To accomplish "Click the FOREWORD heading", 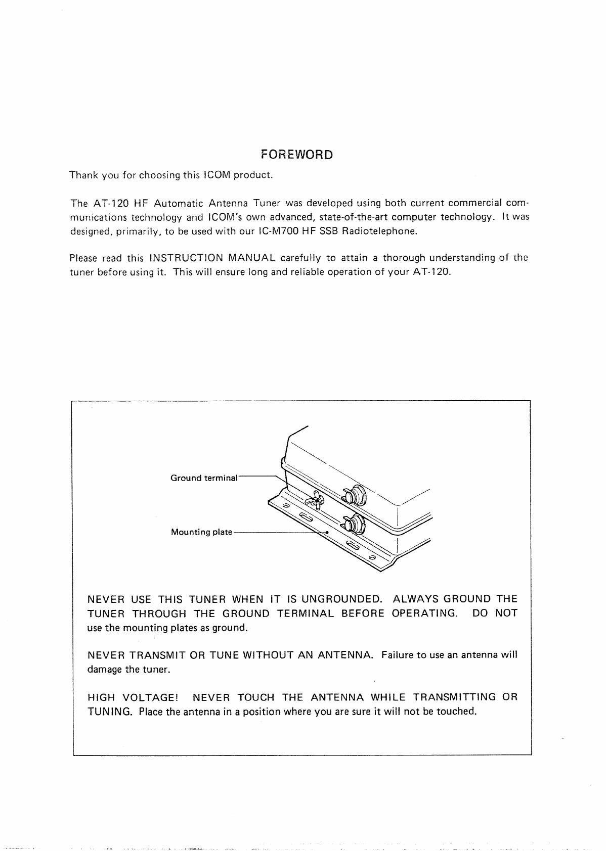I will (x=296, y=155).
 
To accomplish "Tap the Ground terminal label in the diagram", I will (x=204, y=478).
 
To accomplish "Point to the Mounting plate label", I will (x=201, y=532).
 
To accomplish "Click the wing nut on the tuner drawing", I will (x=315, y=501).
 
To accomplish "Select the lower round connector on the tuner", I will (x=356, y=524).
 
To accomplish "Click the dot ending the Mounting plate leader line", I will (x=327, y=533).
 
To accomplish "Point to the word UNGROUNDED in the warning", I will (x=341, y=599).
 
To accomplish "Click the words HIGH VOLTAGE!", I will (x=134, y=698).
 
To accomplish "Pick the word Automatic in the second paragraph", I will (x=179, y=204).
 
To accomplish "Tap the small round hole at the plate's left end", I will (x=285, y=506).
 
